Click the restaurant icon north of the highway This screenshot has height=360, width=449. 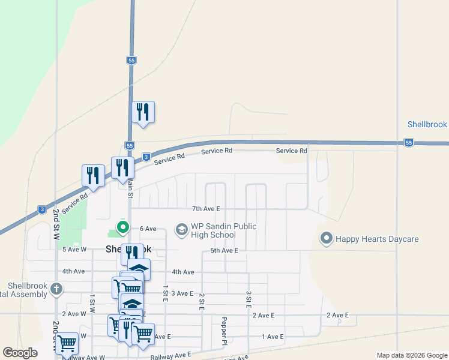[x=143, y=112]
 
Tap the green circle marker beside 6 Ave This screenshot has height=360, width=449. [x=123, y=227]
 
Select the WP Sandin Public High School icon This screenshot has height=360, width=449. [x=181, y=229]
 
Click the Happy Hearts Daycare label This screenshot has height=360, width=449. [x=377, y=239]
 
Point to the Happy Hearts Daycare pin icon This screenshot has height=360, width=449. [x=327, y=239]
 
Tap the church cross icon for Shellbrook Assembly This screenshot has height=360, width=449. [x=56, y=289]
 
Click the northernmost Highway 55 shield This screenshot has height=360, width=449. [x=131, y=61]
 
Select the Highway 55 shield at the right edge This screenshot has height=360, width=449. [x=409, y=143]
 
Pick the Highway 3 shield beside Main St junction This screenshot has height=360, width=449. [x=146, y=157]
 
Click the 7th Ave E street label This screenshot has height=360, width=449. [x=206, y=209]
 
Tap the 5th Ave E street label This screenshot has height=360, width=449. [x=224, y=250]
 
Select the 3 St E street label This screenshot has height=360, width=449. [x=248, y=299]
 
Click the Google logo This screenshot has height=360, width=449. [x=20, y=353]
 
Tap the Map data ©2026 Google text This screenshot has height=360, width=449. [x=412, y=355]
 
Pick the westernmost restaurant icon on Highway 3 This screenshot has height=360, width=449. [x=93, y=176]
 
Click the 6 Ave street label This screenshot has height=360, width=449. [x=148, y=229]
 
